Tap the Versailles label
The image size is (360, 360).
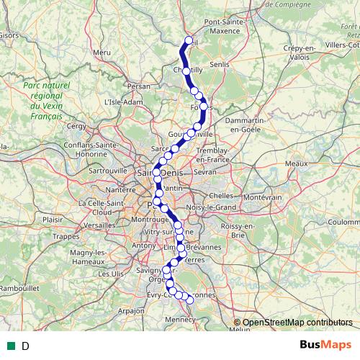tap(99, 225)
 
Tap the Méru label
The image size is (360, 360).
tap(102, 52)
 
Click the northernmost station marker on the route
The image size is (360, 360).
tap(189, 41)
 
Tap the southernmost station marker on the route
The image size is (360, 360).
tap(191, 300)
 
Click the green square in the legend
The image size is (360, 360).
tap(11, 346)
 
